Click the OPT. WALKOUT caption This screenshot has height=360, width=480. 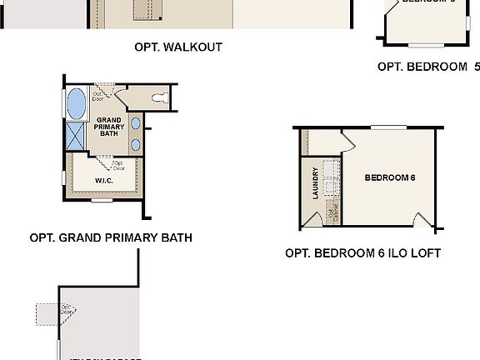point(178,47)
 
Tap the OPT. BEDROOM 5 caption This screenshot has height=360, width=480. point(428,67)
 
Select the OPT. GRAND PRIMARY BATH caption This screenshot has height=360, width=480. point(111,237)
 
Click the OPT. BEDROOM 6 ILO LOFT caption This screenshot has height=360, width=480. point(362,253)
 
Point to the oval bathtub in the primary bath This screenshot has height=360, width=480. point(76,103)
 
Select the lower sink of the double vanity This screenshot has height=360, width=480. point(136,144)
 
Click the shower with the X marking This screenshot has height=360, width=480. point(76,135)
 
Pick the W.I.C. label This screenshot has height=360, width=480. point(104,180)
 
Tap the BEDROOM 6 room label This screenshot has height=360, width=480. point(390,177)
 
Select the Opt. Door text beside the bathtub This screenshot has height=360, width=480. point(97,95)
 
